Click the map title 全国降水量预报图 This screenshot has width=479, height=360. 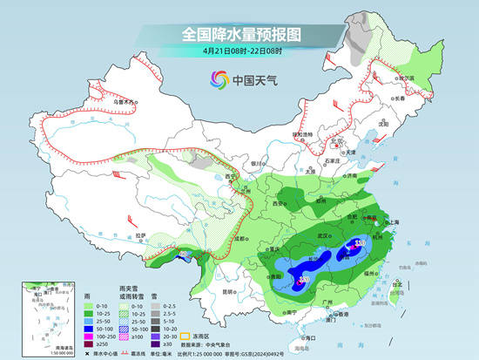point(239,34)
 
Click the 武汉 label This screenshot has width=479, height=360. point(327,236)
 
